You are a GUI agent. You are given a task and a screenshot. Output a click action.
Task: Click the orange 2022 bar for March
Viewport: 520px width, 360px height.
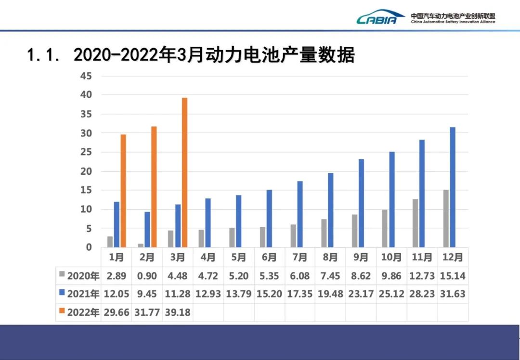click(184, 172)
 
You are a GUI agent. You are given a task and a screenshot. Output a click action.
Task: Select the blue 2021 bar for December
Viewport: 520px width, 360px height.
click(453, 187)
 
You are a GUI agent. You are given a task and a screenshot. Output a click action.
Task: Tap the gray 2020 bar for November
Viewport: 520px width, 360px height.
click(416, 223)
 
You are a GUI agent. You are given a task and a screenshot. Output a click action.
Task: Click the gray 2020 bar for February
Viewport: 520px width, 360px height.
click(141, 245)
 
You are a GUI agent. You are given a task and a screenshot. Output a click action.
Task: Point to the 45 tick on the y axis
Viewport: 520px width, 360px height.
click(86, 76)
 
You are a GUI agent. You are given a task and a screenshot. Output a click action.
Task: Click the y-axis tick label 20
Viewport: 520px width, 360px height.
click(86, 171)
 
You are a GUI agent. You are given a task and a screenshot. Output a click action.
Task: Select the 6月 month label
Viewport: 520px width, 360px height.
click(269, 257)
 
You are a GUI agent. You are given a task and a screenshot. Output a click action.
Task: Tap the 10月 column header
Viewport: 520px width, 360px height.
click(391, 257)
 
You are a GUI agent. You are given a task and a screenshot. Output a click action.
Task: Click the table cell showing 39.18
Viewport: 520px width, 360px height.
click(178, 312)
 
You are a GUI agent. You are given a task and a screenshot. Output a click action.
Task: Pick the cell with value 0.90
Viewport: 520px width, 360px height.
click(147, 276)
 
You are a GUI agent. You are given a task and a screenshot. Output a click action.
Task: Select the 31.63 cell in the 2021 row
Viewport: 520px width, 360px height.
click(453, 294)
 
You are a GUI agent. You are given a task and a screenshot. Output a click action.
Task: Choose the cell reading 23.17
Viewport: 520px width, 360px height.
click(361, 294)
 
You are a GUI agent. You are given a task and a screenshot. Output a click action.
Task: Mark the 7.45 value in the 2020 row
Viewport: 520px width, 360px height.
click(330, 276)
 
